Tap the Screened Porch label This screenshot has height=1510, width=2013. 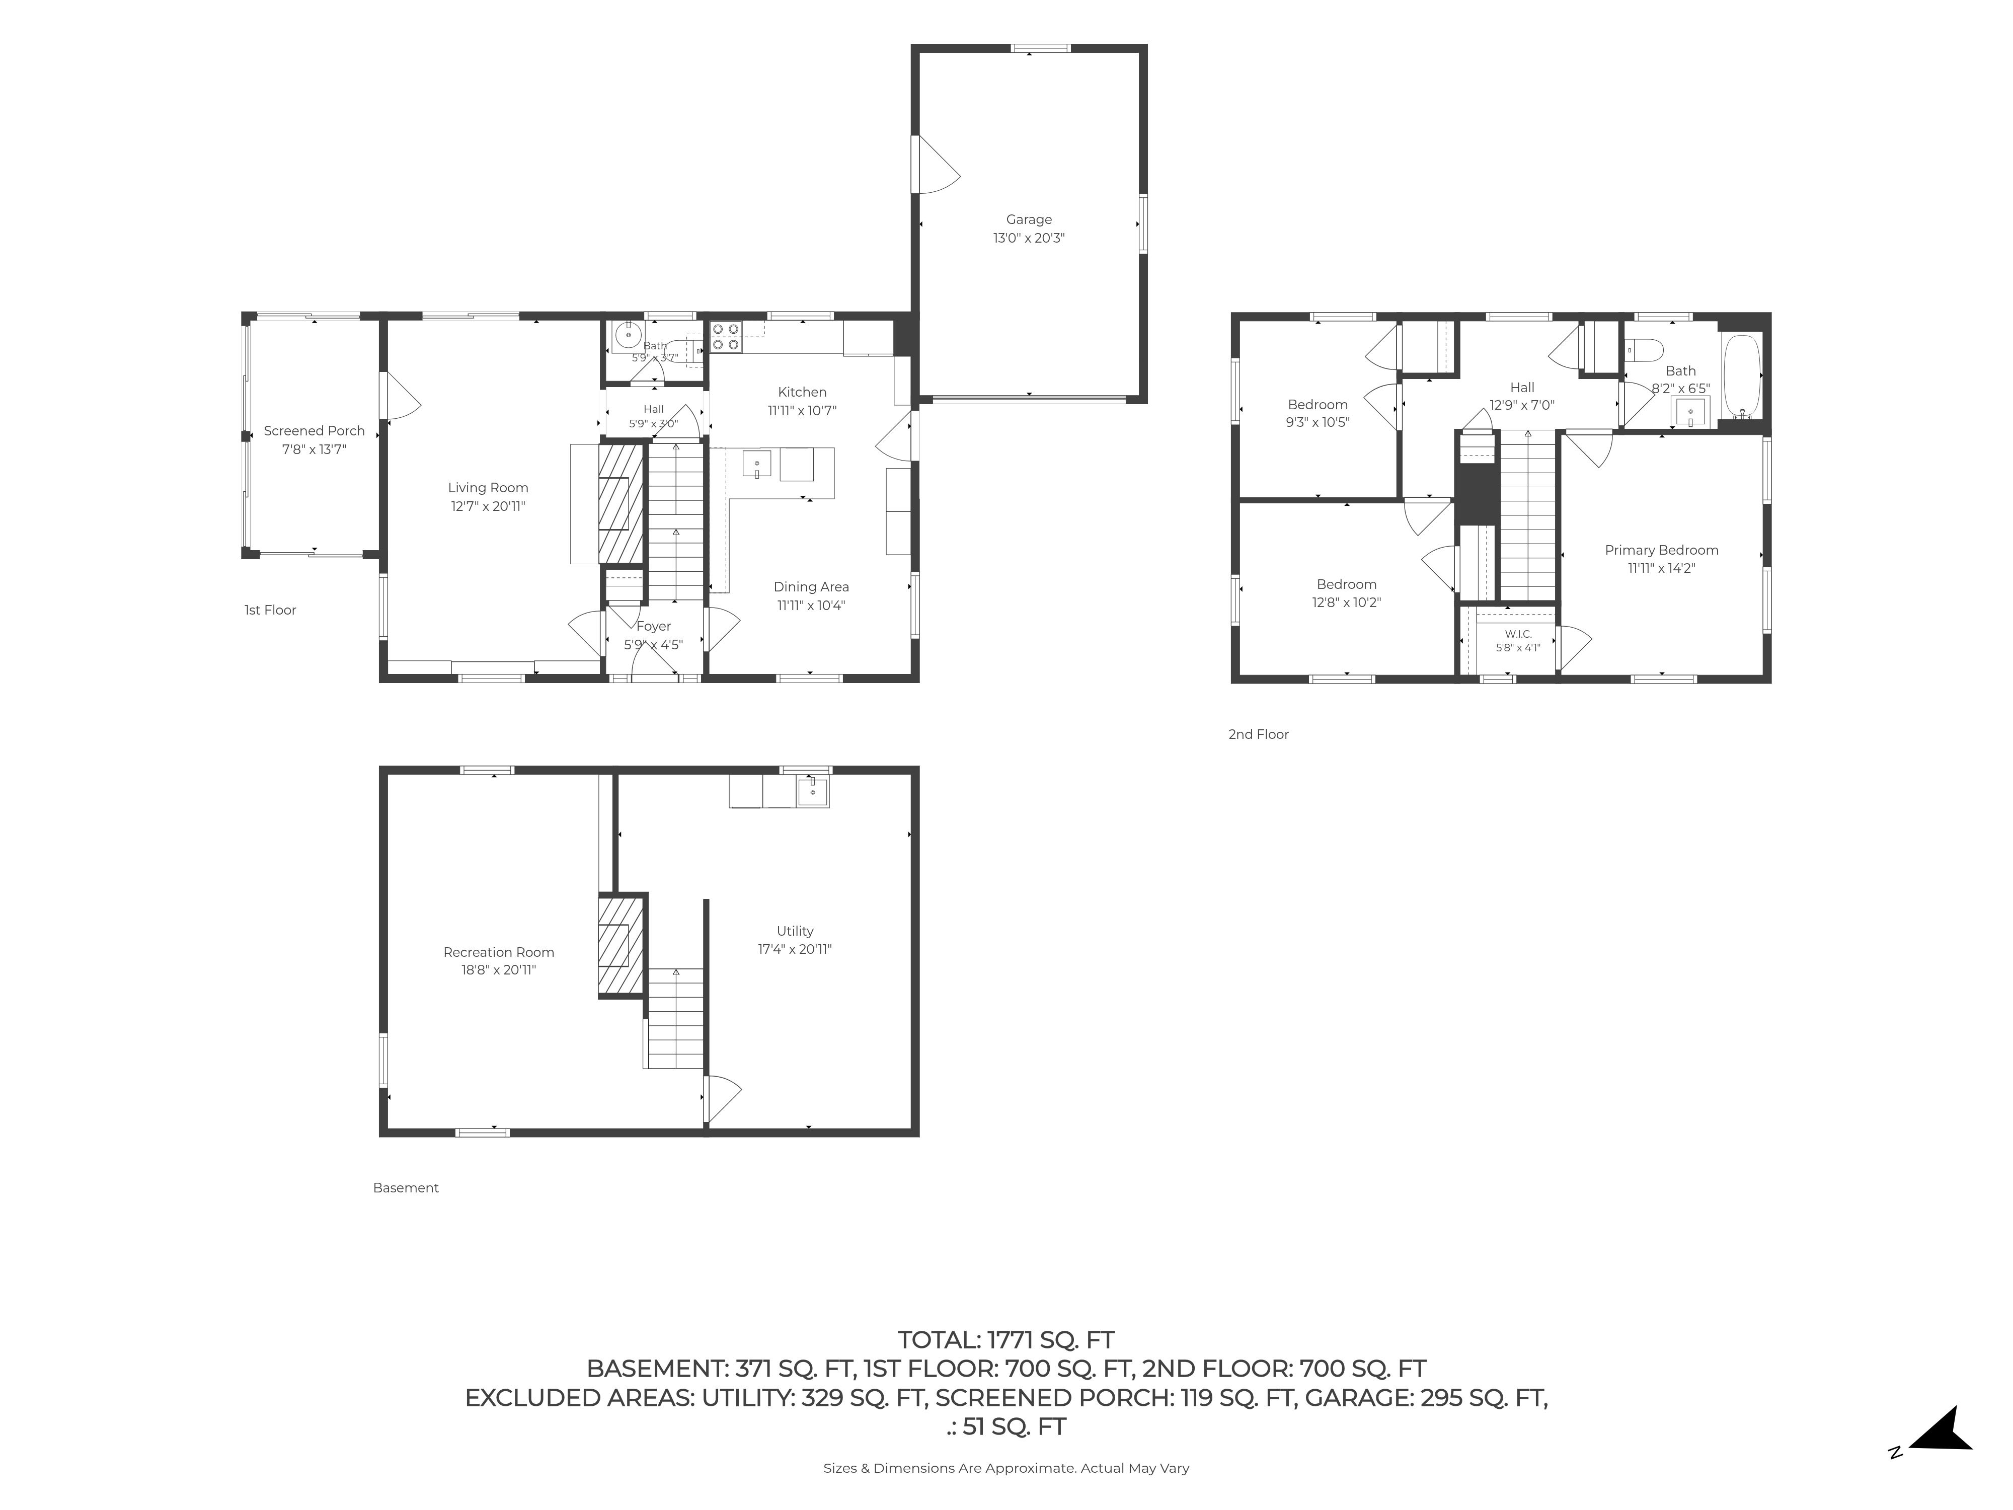point(314,430)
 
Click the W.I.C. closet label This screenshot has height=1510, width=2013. point(1518,634)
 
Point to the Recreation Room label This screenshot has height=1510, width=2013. point(499,952)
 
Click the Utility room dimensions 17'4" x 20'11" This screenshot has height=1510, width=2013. point(795,949)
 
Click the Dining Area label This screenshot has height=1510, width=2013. point(811,587)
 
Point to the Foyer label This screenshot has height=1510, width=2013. point(653,626)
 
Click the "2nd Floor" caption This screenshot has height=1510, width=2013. point(1259,734)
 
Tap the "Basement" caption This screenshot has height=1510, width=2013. point(406,1188)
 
